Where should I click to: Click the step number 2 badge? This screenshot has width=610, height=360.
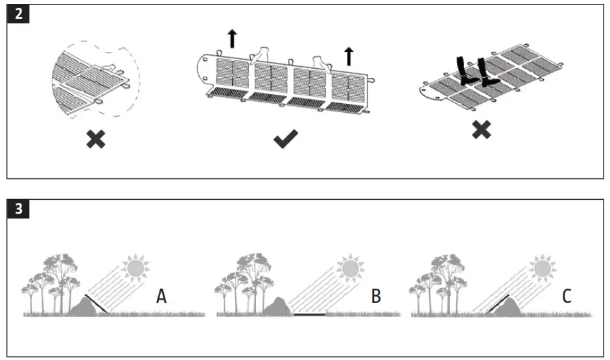click(18, 14)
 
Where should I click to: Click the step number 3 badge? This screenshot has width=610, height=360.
click(18, 208)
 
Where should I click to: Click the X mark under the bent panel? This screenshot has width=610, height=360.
click(96, 138)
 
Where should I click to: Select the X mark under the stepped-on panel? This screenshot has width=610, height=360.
click(480, 130)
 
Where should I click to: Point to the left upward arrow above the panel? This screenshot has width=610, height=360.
click(232, 40)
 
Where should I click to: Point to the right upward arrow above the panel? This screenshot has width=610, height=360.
click(349, 56)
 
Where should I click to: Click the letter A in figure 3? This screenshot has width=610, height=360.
click(162, 296)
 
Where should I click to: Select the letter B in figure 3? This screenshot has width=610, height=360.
click(376, 296)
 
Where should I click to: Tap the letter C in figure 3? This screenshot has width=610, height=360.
click(566, 296)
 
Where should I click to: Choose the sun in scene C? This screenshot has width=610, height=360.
click(541, 267)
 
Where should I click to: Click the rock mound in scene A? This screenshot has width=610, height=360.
click(84, 306)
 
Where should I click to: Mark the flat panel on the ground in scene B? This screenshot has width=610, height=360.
click(309, 314)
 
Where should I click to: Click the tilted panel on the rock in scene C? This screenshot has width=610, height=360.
click(497, 303)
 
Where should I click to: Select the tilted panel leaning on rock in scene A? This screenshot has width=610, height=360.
click(97, 304)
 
